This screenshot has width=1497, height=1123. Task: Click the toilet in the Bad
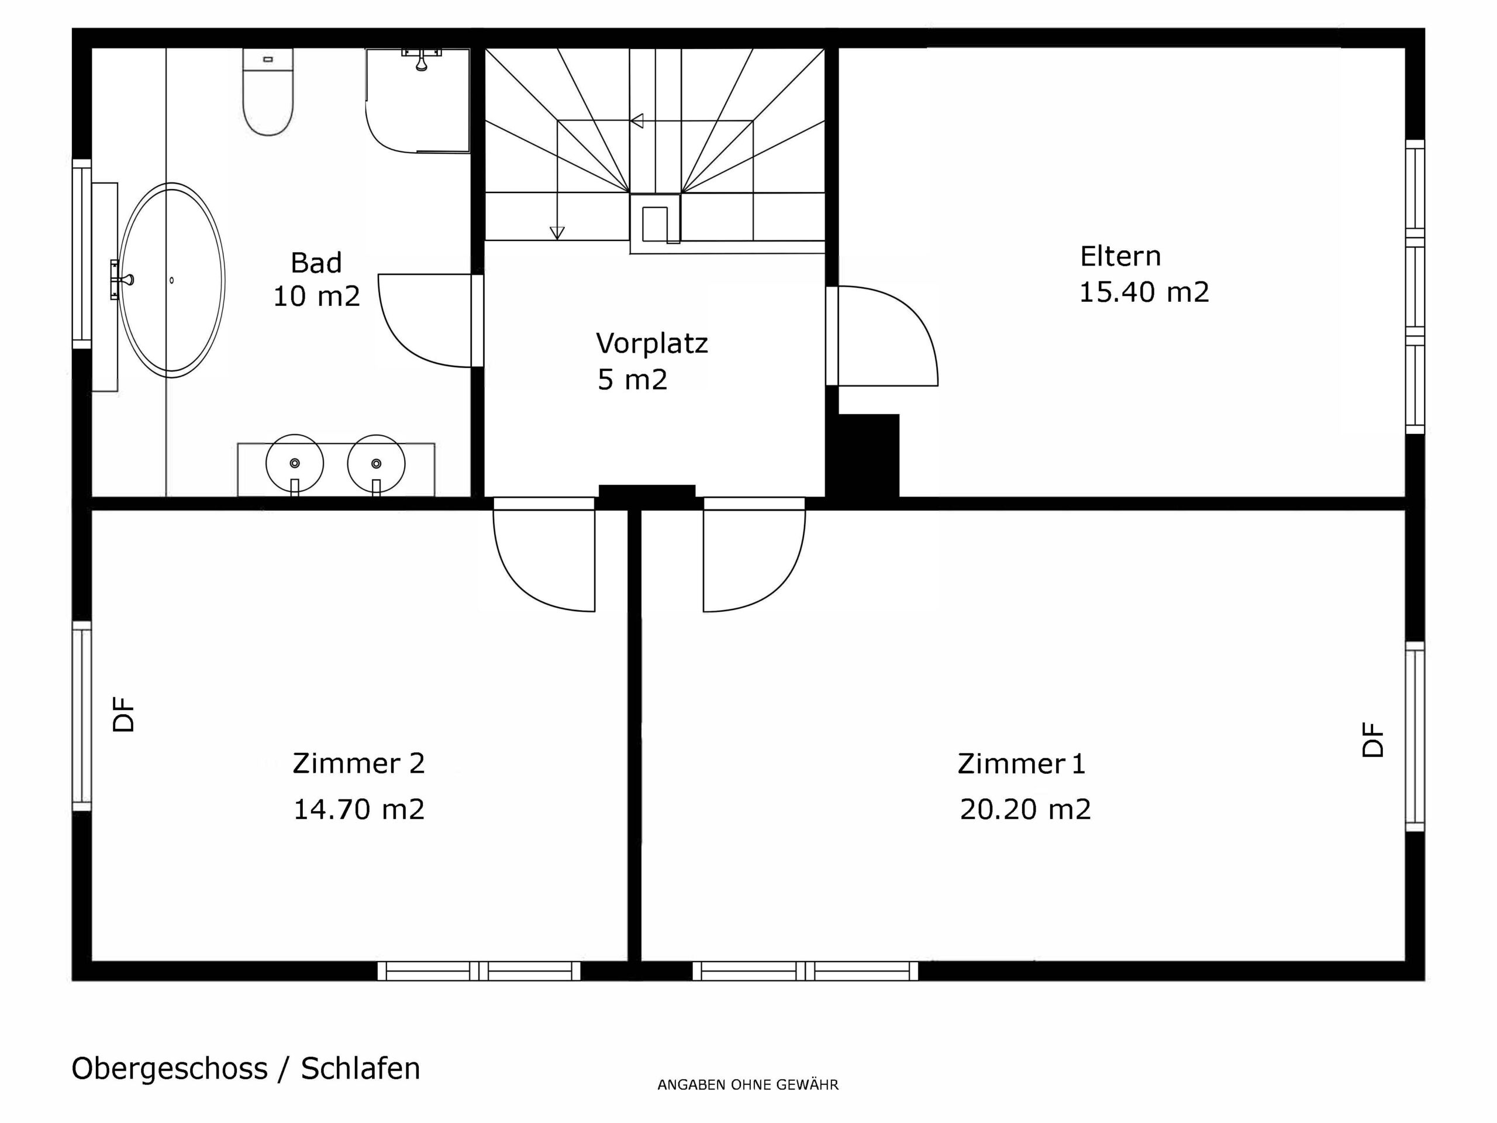pos(268,91)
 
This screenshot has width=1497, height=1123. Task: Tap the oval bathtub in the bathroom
pos(171,280)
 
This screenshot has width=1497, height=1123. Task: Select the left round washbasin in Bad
pos(294,464)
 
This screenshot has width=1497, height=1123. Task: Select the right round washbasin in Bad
pos(376,464)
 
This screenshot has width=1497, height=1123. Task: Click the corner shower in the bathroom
pos(418,100)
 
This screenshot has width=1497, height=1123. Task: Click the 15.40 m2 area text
pos(1144,292)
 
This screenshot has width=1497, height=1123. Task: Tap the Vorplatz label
pos(652,343)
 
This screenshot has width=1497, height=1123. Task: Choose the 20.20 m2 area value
pos(1025,809)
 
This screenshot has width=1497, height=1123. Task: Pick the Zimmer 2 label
pos(358,763)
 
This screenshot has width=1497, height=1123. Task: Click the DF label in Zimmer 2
pos(124,715)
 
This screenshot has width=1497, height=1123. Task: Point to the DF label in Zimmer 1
pos(1373,740)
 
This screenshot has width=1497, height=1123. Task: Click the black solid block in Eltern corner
pos(869,456)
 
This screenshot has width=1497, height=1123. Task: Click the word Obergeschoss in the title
pos(169,1069)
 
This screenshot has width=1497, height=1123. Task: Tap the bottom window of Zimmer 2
pos(479,971)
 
